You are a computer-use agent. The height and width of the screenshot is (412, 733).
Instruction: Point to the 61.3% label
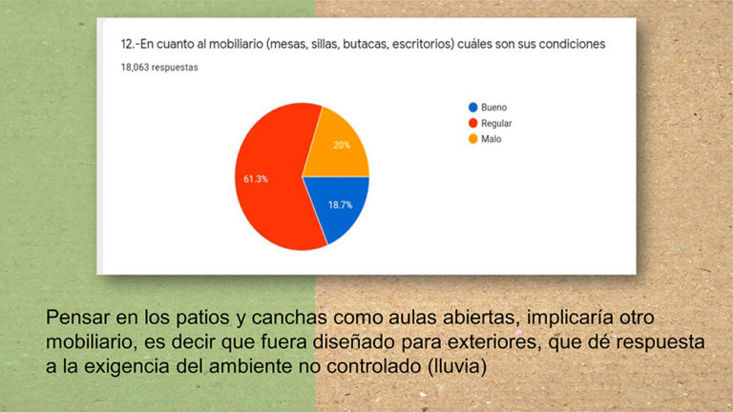pyautogui.click(x=256, y=179)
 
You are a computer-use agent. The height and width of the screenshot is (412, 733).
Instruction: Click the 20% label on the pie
pyautogui.click(x=342, y=145)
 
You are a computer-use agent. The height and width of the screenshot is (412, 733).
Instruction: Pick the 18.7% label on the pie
pyautogui.click(x=341, y=205)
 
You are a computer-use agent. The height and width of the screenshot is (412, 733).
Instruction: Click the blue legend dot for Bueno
pyautogui.click(x=473, y=108)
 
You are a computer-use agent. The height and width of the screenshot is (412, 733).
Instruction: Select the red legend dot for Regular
pyautogui.click(x=473, y=123)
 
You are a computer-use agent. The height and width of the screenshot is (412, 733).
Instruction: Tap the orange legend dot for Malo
pyautogui.click(x=473, y=138)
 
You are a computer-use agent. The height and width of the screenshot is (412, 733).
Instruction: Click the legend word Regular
pyautogui.click(x=496, y=123)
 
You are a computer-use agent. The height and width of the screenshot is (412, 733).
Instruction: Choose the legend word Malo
pyautogui.click(x=492, y=138)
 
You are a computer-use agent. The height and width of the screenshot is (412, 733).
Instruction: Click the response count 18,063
pyautogui.click(x=135, y=68)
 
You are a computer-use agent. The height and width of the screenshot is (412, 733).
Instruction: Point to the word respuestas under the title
pyautogui.click(x=175, y=68)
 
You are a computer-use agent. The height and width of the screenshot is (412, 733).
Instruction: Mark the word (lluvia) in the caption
pyautogui.click(x=457, y=366)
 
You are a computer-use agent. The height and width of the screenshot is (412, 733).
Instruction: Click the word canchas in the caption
pyautogui.click(x=289, y=318)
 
